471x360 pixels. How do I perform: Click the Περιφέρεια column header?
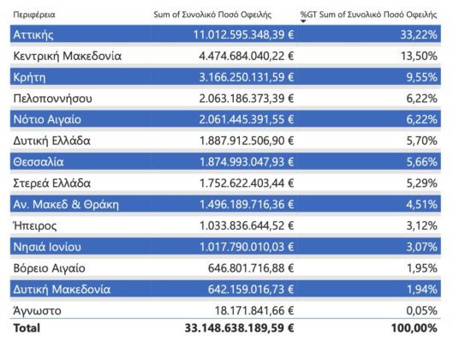click(34, 15)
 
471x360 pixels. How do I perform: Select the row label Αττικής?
click(33, 35)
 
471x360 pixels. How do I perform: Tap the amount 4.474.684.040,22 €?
click(247, 56)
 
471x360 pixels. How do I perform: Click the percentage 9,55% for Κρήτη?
click(421, 77)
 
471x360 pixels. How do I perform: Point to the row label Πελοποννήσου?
click(52, 99)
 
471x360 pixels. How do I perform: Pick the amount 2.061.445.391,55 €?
click(247, 120)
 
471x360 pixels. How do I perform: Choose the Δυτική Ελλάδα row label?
click(51, 141)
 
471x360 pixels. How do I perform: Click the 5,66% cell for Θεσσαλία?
click(421, 162)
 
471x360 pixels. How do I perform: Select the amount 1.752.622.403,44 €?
click(247, 183)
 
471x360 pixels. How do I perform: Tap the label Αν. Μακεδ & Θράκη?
click(66, 205)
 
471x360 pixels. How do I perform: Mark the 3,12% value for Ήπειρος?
click(421, 225)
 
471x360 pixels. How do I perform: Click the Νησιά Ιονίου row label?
click(47, 247)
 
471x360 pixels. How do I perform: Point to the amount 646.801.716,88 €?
click(251, 268)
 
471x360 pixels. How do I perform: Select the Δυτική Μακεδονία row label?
click(62, 290)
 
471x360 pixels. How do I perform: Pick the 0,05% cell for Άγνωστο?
click(421, 310)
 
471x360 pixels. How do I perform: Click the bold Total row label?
click(27, 327)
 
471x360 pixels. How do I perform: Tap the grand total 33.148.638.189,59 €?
click(240, 327)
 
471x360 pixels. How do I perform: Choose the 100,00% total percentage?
click(414, 327)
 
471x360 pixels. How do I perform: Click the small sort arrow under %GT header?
click(303, 21)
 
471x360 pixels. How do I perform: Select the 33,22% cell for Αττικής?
click(419, 35)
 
